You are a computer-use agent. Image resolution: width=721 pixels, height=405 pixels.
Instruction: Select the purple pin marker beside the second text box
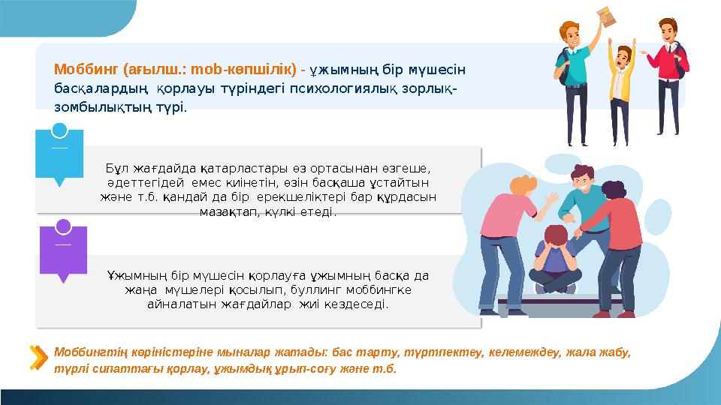63,250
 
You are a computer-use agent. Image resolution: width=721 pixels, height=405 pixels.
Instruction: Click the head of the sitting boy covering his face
557,238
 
